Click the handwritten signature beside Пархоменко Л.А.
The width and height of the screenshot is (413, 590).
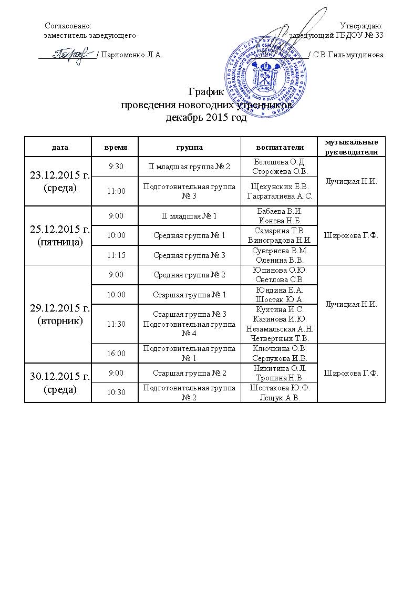click(68, 54)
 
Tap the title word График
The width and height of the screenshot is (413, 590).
click(206, 93)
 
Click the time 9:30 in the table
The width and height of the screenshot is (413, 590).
click(115, 167)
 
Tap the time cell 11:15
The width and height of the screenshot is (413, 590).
click(115, 255)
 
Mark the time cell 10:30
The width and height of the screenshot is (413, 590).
click(115, 392)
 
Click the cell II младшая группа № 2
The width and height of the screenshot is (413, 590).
click(190, 167)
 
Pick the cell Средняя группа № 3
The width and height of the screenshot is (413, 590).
click(190, 255)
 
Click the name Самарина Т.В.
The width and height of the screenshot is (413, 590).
click(279, 231)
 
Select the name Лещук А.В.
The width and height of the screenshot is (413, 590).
click(279, 398)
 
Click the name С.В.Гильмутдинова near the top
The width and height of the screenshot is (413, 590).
click(348, 55)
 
